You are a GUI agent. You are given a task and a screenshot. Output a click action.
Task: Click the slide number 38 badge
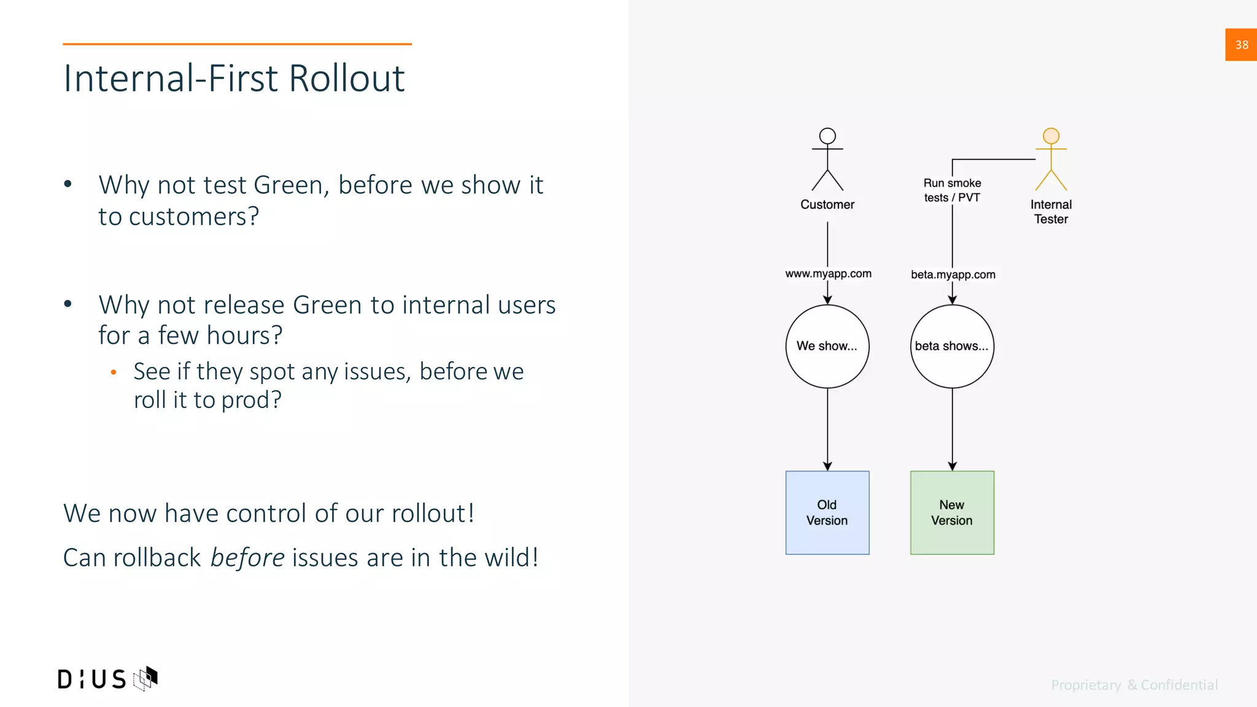[1240, 45]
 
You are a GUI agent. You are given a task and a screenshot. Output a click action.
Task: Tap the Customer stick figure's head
[827, 136]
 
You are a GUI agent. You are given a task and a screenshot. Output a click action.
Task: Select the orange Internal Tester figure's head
[1051, 136]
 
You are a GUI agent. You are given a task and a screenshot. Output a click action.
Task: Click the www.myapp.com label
[828, 274]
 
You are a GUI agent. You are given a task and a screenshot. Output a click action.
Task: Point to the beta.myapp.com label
[953, 274]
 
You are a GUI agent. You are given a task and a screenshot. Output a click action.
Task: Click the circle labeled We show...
[827, 346]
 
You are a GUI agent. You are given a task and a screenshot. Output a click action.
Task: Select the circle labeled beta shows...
[952, 346]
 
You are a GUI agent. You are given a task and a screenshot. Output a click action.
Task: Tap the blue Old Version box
[827, 512]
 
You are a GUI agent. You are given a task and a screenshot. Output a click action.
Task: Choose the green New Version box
[952, 512]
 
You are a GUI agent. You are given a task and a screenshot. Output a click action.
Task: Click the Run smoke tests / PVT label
[952, 190]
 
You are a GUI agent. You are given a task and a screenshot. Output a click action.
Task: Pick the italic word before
[247, 557]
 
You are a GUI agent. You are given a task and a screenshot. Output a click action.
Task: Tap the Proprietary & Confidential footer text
[1134, 685]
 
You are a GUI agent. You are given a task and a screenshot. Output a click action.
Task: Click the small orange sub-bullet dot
[114, 372]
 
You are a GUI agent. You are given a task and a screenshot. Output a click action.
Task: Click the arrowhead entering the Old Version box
[827, 466]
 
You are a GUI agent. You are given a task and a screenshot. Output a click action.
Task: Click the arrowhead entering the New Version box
[952, 466]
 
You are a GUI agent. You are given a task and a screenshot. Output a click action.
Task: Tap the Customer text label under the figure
[827, 204]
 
